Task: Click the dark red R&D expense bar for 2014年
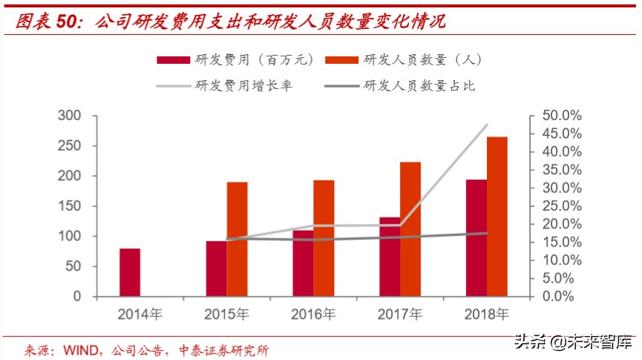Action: point(130,272)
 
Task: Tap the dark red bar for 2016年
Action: point(302,264)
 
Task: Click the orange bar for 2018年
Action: point(497,216)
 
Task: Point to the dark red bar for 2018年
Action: point(476,238)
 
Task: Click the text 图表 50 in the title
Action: point(46,22)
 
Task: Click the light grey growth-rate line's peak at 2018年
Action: point(487,125)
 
